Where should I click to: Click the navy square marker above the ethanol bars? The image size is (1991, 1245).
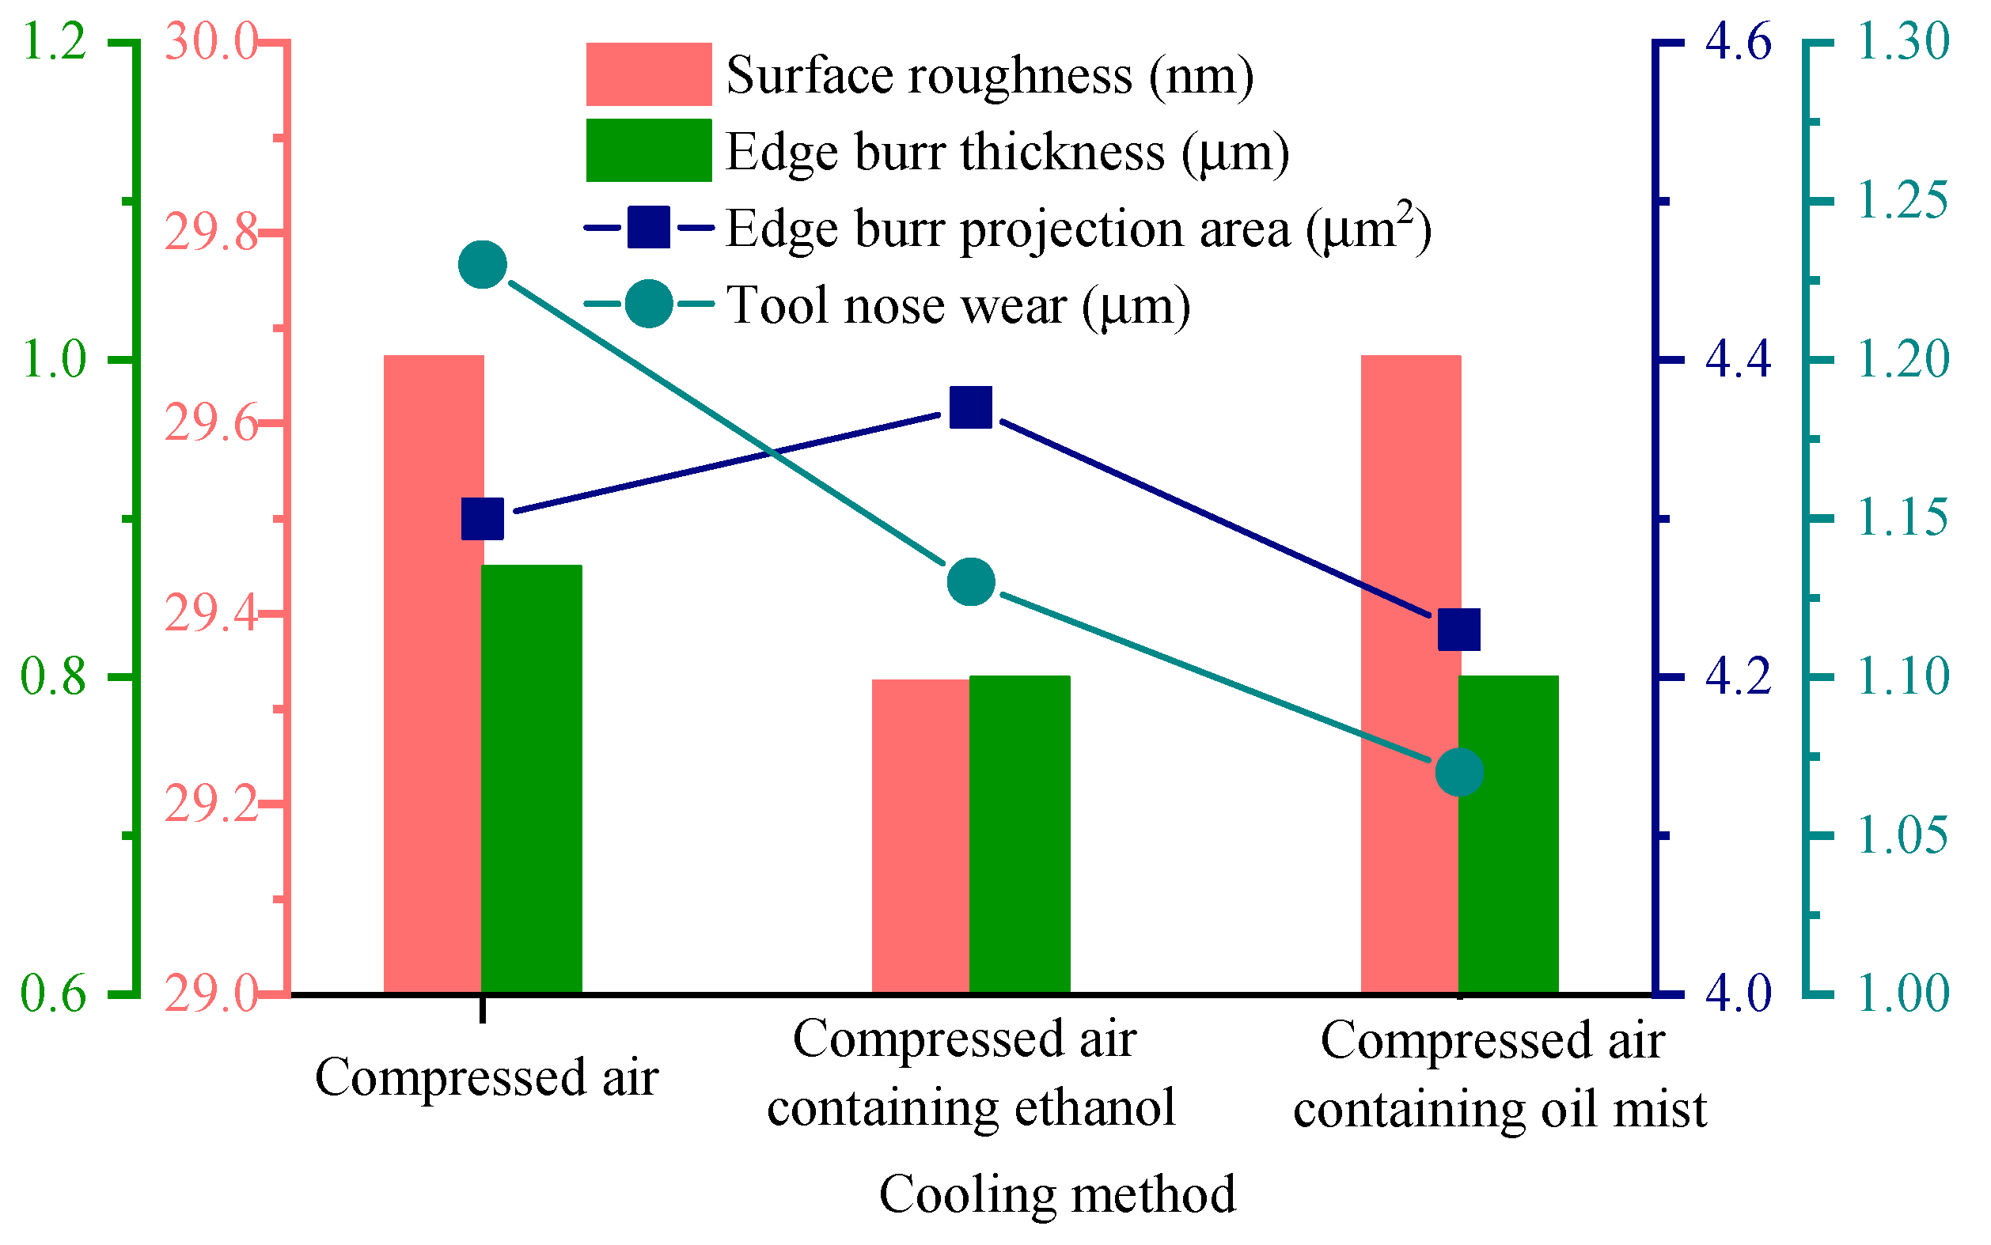pyautogui.click(x=970, y=407)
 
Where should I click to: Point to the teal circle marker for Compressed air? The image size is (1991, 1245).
pyautogui.click(x=482, y=265)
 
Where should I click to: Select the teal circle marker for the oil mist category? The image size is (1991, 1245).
pyautogui.click(x=1459, y=772)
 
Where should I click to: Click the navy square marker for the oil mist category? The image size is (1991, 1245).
pyautogui.click(x=1459, y=630)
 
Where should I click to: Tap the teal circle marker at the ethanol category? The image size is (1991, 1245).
pyautogui.click(x=970, y=582)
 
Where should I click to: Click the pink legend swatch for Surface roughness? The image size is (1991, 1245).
pyautogui.click(x=648, y=74)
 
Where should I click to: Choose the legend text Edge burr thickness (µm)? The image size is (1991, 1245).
pyautogui.click(x=1007, y=153)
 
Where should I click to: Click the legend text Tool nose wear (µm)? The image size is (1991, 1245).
pyautogui.click(x=958, y=305)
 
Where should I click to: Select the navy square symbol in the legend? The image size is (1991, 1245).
pyautogui.click(x=648, y=227)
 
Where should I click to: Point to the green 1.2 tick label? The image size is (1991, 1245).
pyautogui.click(x=54, y=41)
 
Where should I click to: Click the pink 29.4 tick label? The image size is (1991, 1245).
pyautogui.click(x=210, y=614)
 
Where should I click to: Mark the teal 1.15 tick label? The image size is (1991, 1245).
pyautogui.click(x=1903, y=518)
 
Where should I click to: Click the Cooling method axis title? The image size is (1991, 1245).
pyautogui.click(x=1057, y=1194)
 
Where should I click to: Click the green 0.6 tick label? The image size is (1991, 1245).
pyautogui.click(x=54, y=993)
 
